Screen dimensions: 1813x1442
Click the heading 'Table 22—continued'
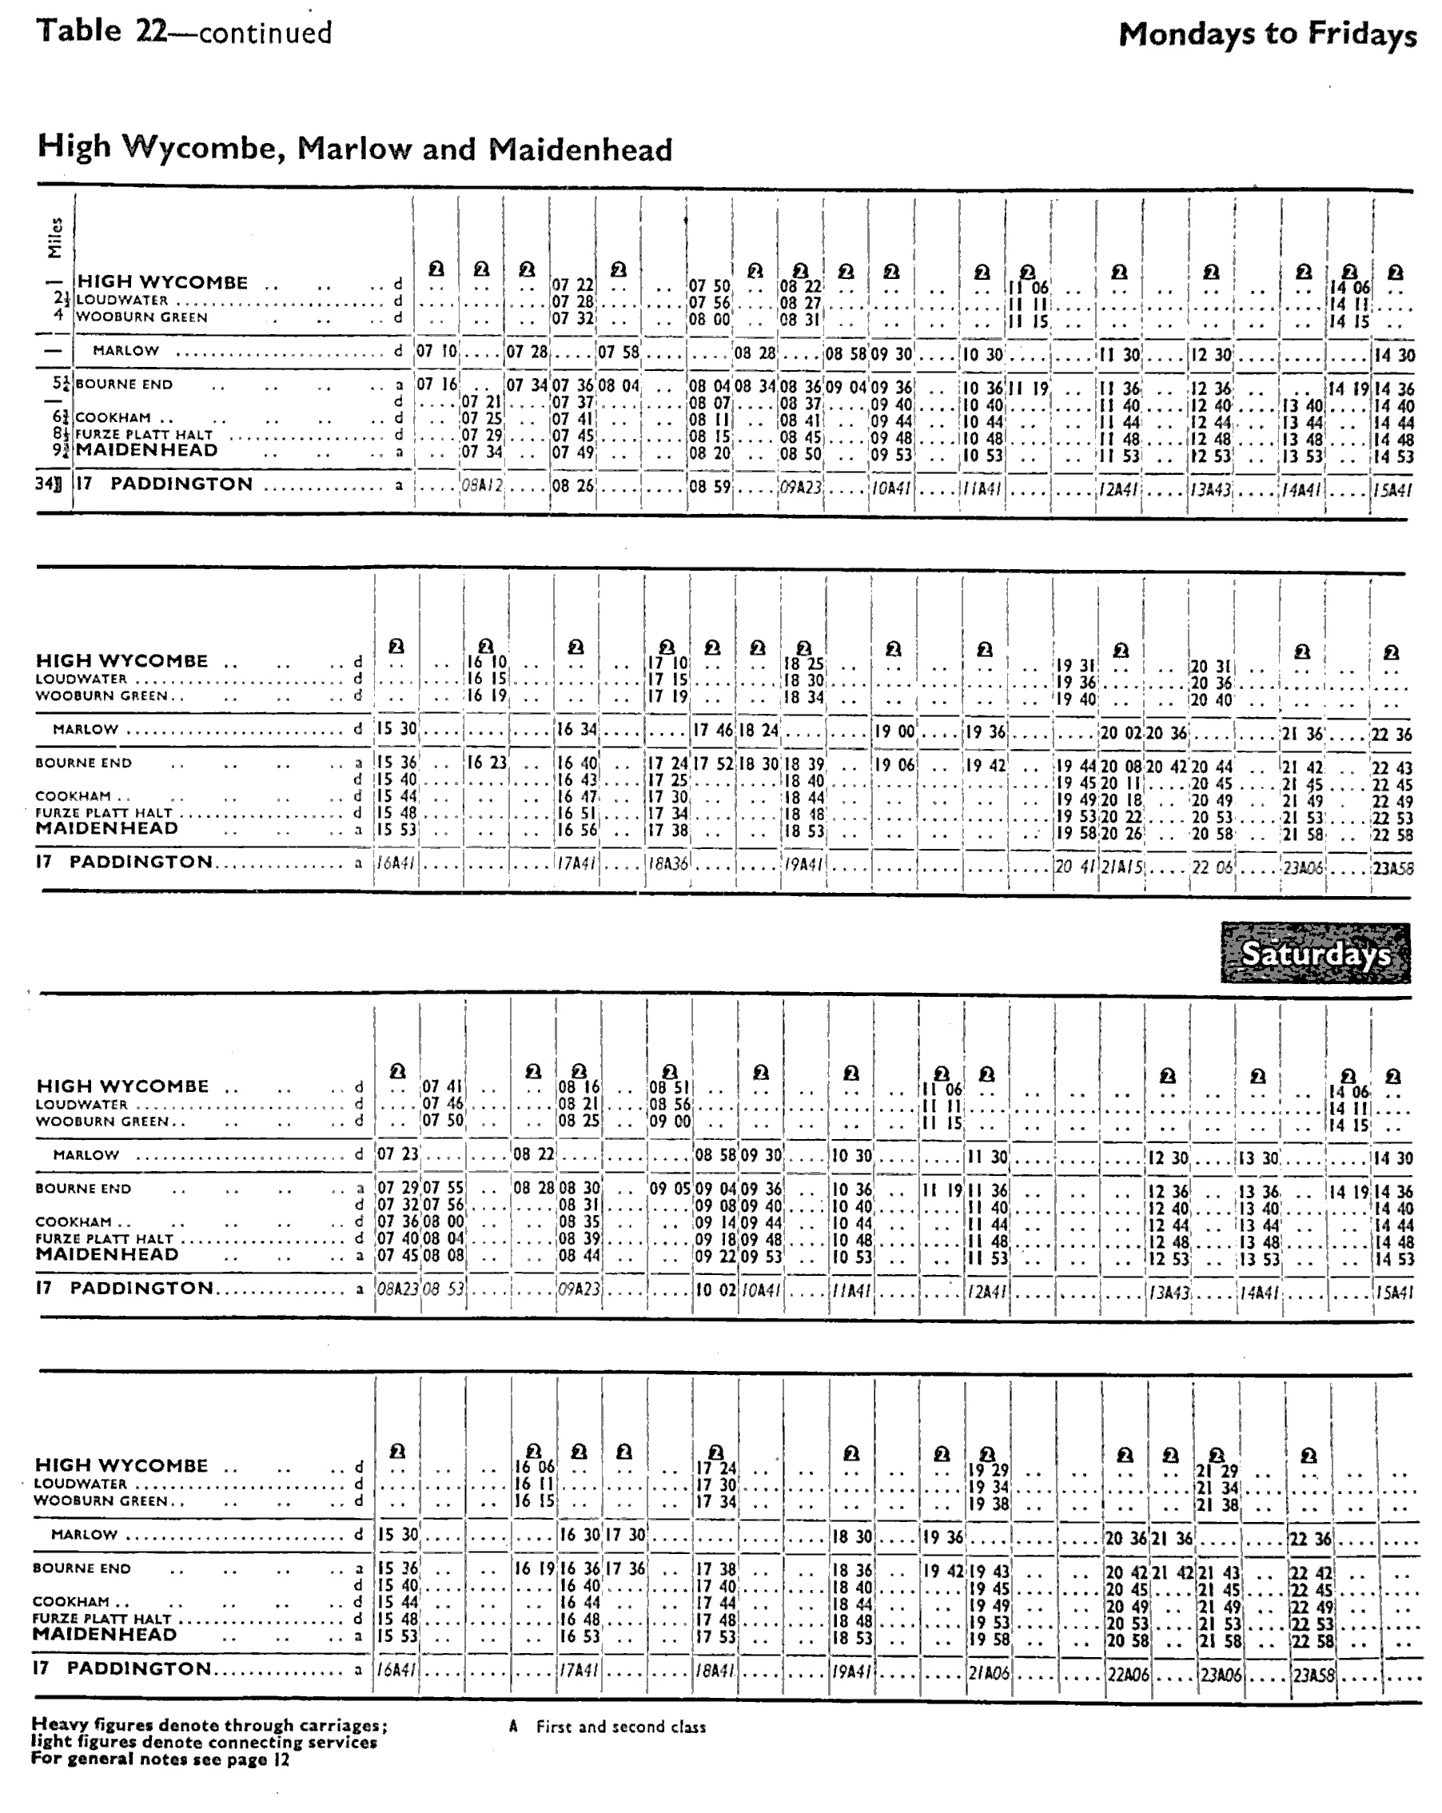184,32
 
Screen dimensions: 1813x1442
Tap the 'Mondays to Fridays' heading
1267,35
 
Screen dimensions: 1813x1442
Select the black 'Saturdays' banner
1316,954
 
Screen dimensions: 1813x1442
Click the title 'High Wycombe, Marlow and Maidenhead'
354,149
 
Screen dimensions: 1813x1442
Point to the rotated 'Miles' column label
55,237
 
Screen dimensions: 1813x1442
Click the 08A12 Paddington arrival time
481,485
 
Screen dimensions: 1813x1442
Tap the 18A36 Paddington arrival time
667,863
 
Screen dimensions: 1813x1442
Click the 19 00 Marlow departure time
894,731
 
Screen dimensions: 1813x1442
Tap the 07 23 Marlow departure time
396,1154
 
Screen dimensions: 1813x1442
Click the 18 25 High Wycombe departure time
804,664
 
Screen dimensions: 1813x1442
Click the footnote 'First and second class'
620,1727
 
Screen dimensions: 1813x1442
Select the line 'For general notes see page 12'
160,1759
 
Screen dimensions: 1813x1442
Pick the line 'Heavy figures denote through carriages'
209,1725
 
